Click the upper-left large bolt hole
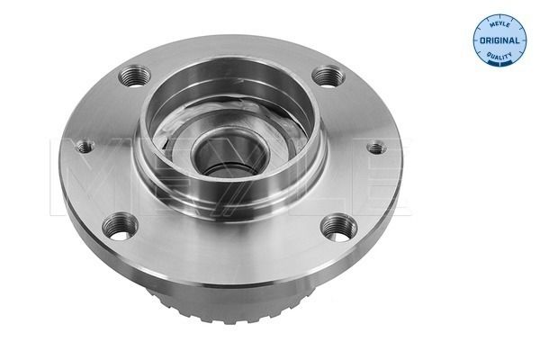click(134, 76)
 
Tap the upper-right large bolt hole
click(328, 77)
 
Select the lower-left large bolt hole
click(121, 227)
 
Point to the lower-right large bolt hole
click(339, 228)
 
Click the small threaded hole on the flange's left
click(85, 148)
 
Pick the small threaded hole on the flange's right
click(376, 148)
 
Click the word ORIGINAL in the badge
click(499, 40)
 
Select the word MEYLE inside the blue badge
click(499, 25)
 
